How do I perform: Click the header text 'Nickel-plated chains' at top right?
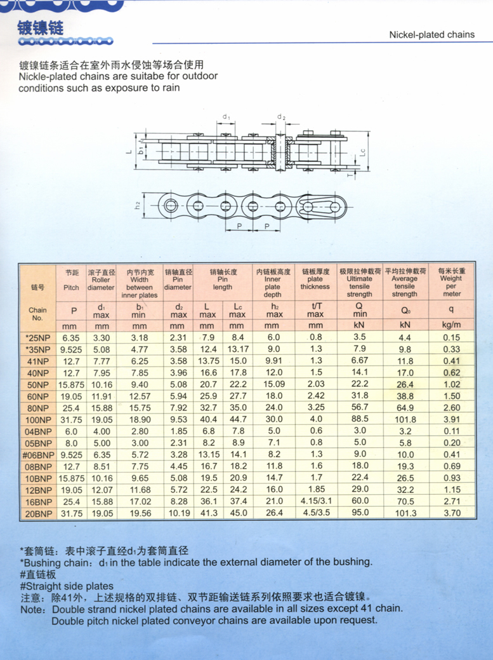click(x=431, y=34)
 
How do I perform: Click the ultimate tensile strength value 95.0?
click(x=360, y=513)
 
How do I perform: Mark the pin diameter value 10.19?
click(x=177, y=513)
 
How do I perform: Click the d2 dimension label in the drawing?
click(x=282, y=118)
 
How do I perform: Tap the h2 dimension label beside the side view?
click(x=137, y=205)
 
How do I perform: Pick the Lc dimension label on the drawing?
click(x=362, y=152)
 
